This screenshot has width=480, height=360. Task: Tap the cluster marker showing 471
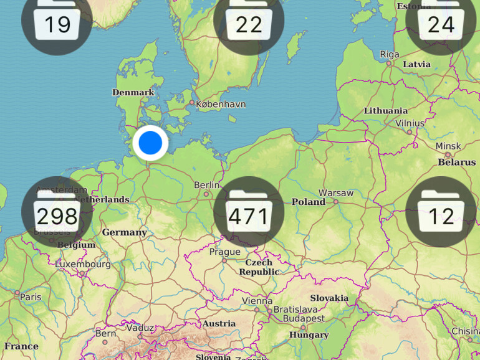click(249, 212)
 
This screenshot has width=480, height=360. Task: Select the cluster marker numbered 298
click(57, 212)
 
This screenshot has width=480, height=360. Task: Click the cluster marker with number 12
click(441, 212)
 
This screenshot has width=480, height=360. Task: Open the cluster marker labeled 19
click(57, 21)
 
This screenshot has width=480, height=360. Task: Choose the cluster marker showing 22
click(249, 21)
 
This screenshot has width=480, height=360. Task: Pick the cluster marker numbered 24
click(441, 21)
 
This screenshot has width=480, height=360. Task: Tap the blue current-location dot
click(150, 143)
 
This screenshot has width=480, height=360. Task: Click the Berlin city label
click(207, 185)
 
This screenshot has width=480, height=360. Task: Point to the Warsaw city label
click(336, 193)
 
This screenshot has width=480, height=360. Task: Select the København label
click(221, 105)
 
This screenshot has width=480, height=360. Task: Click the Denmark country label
click(133, 92)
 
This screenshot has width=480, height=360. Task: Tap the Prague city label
click(224, 252)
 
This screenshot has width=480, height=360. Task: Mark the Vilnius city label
click(410, 123)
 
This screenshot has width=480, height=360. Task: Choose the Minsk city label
click(448, 146)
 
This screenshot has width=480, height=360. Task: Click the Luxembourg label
click(83, 264)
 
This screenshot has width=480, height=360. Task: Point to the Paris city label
click(30, 297)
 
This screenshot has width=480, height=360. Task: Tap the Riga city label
click(390, 54)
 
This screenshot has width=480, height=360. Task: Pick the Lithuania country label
click(386, 111)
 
